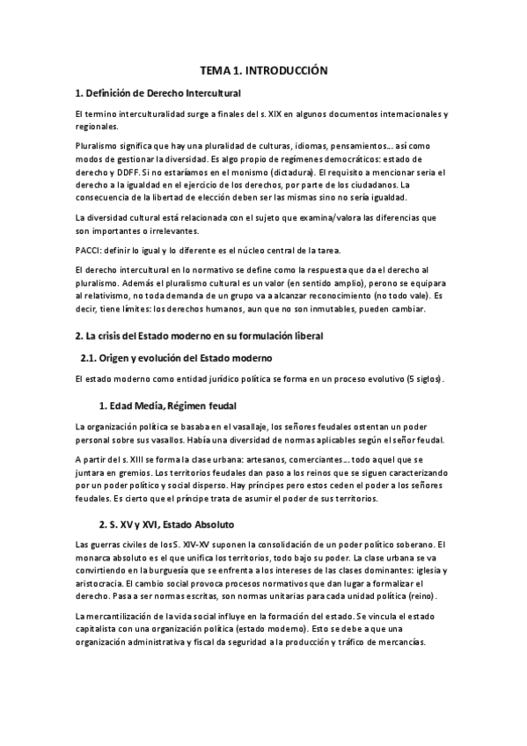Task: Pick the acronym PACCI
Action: (x=89, y=251)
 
